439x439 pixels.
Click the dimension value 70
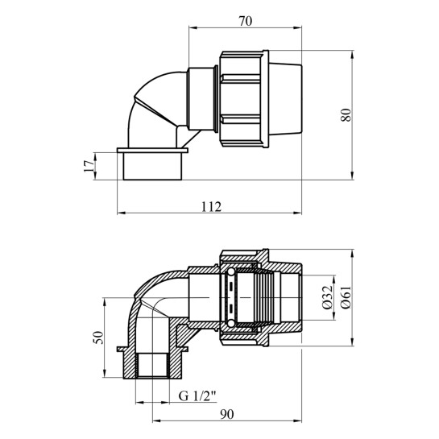(x=245, y=21)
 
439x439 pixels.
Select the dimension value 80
(x=346, y=115)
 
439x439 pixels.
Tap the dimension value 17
(x=89, y=166)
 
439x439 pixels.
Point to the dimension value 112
(x=211, y=207)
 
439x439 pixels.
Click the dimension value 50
(x=98, y=338)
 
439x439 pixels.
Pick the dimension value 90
(x=226, y=414)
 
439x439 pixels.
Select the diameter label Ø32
(x=328, y=297)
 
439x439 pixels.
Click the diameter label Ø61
(x=346, y=297)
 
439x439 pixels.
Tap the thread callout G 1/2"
(x=197, y=396)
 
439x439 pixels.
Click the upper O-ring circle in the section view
(x=230, y=271)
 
